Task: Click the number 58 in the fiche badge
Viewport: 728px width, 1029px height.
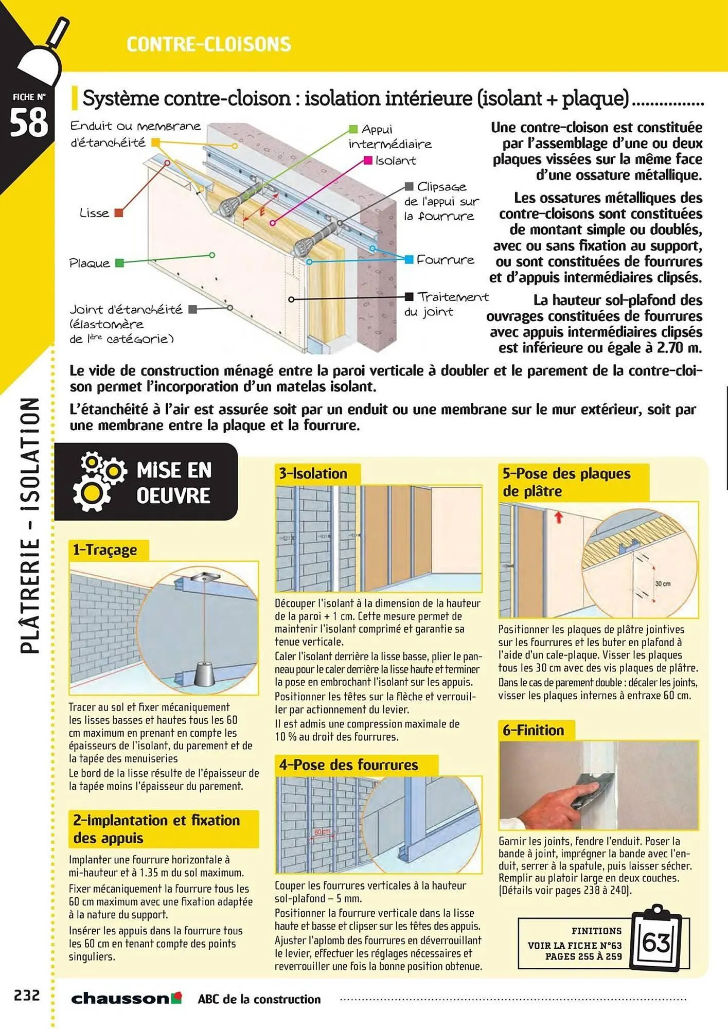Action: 28,123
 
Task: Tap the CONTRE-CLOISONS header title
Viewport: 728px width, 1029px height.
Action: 208,45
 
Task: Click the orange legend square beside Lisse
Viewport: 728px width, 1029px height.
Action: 118,212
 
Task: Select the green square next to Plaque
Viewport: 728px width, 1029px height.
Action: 119,263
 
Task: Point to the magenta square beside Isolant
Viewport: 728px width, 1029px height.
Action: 368,161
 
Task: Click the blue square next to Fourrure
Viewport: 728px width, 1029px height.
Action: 409,259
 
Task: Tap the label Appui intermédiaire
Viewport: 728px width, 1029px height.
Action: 389,137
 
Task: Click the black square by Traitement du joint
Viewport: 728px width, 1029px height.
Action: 409,296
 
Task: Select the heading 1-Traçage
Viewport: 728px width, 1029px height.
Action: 105,550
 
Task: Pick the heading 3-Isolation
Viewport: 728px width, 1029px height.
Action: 313,473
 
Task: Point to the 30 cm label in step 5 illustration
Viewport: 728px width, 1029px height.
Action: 663,583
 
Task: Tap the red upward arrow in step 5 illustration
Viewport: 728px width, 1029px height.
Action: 559,517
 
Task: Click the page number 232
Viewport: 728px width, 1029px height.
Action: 27,995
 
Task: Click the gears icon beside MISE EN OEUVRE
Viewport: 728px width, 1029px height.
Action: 99,481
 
